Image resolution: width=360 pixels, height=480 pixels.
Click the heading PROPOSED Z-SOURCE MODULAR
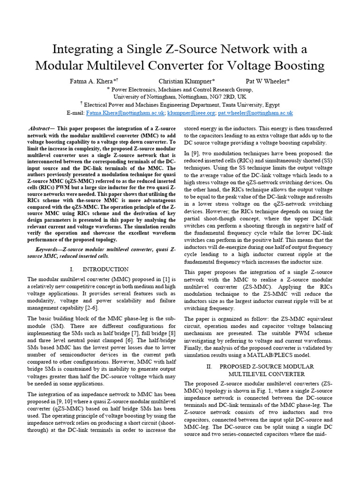pyautogui.click(x=266, y=366)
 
